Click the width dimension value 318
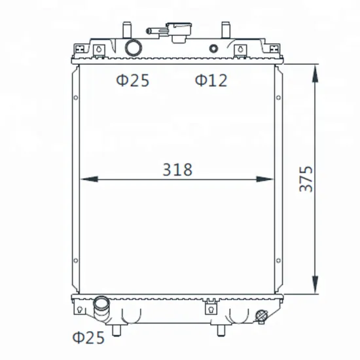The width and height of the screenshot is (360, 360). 177,170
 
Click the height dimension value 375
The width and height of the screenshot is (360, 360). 306,178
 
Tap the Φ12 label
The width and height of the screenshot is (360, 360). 210,81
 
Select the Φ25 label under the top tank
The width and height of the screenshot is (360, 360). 132,81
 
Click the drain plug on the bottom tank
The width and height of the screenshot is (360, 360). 262,315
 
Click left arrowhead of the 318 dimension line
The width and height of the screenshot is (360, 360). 87,179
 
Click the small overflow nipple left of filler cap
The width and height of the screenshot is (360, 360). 152,30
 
